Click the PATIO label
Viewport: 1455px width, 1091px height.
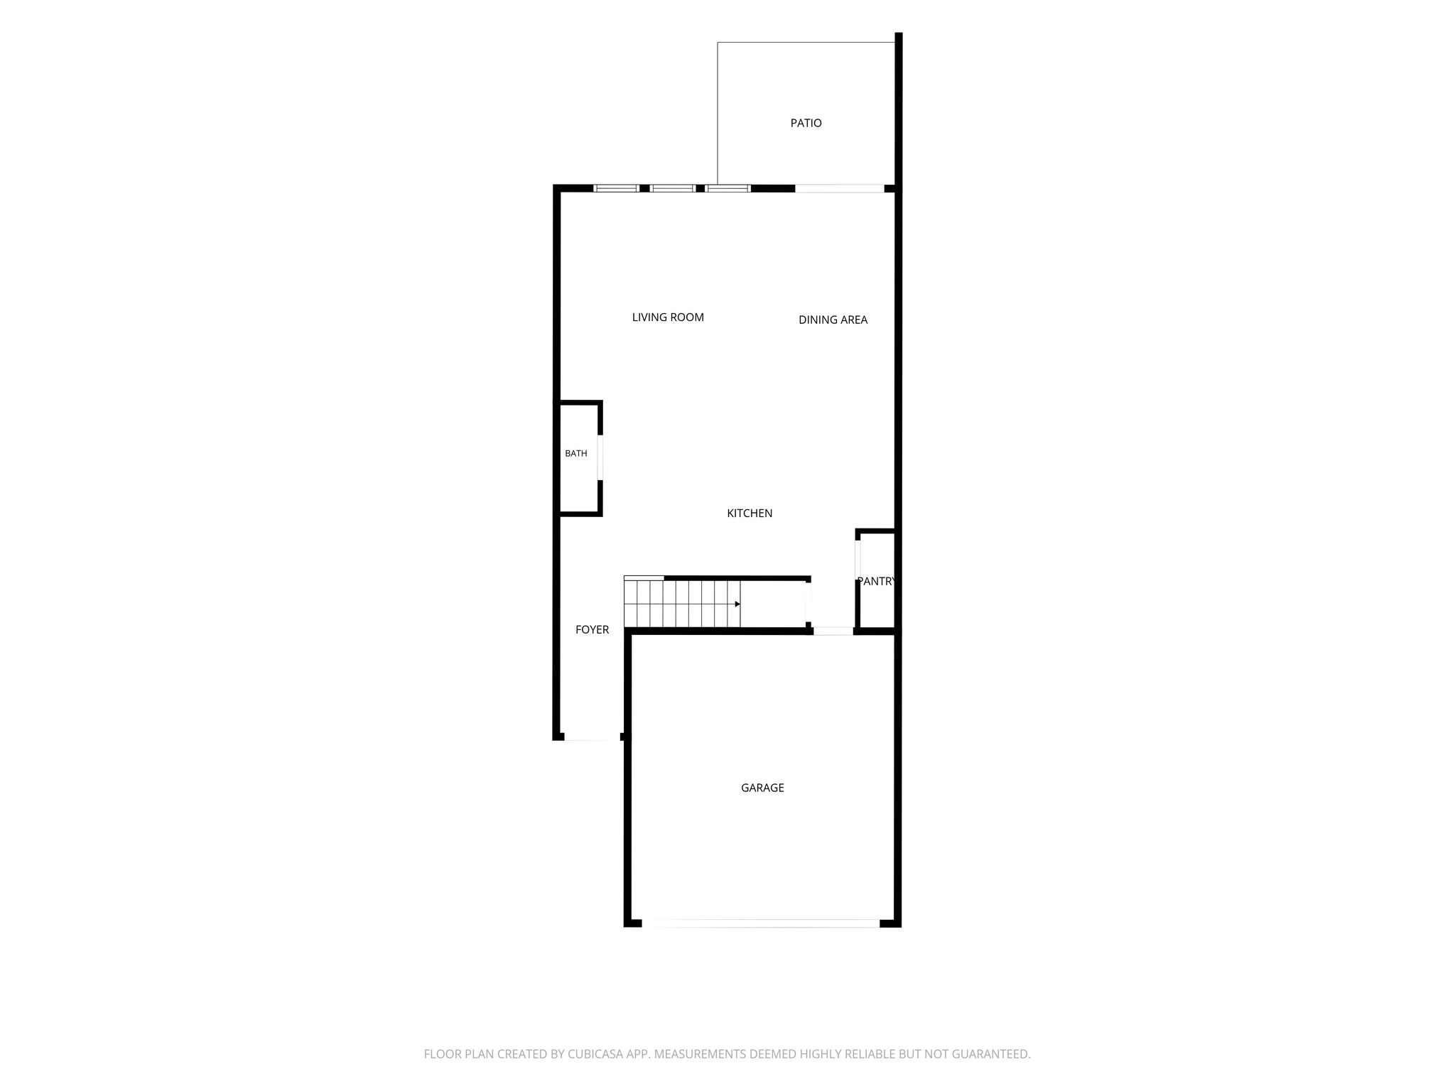tap(806, 123)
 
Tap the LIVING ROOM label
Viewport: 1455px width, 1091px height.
tap(668, 317)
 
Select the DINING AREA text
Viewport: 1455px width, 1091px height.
tap(833, 320)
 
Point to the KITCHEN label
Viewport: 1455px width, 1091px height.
tap(750, 513)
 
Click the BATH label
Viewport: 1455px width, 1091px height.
tap(576, 453)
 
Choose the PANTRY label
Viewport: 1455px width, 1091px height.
tap(875, 581)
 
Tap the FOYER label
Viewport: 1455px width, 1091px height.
tap(592, 629)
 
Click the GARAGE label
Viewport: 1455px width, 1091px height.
tap(762, 788)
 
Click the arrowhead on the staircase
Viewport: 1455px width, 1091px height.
tap(737, 604)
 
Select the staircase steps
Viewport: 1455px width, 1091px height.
tap(682, 604)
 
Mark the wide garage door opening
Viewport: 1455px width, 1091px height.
tap(761, 923)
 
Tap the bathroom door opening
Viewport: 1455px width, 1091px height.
tap(600, 457)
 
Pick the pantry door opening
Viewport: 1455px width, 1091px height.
tap(858, 560)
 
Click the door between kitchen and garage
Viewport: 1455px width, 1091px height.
tap(833, 631)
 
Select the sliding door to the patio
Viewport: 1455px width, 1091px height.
tap(839, 188)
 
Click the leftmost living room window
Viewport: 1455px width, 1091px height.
tap(616, 188)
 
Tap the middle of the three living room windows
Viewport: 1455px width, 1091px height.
tap(672, 188)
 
